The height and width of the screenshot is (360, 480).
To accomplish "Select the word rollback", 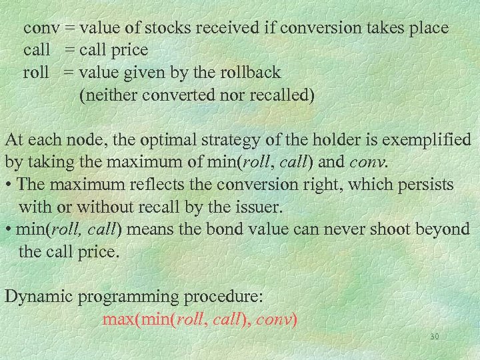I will (247, 72).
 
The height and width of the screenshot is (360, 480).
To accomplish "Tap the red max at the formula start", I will (119, 320).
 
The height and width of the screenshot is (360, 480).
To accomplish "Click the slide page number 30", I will (434, 337).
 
